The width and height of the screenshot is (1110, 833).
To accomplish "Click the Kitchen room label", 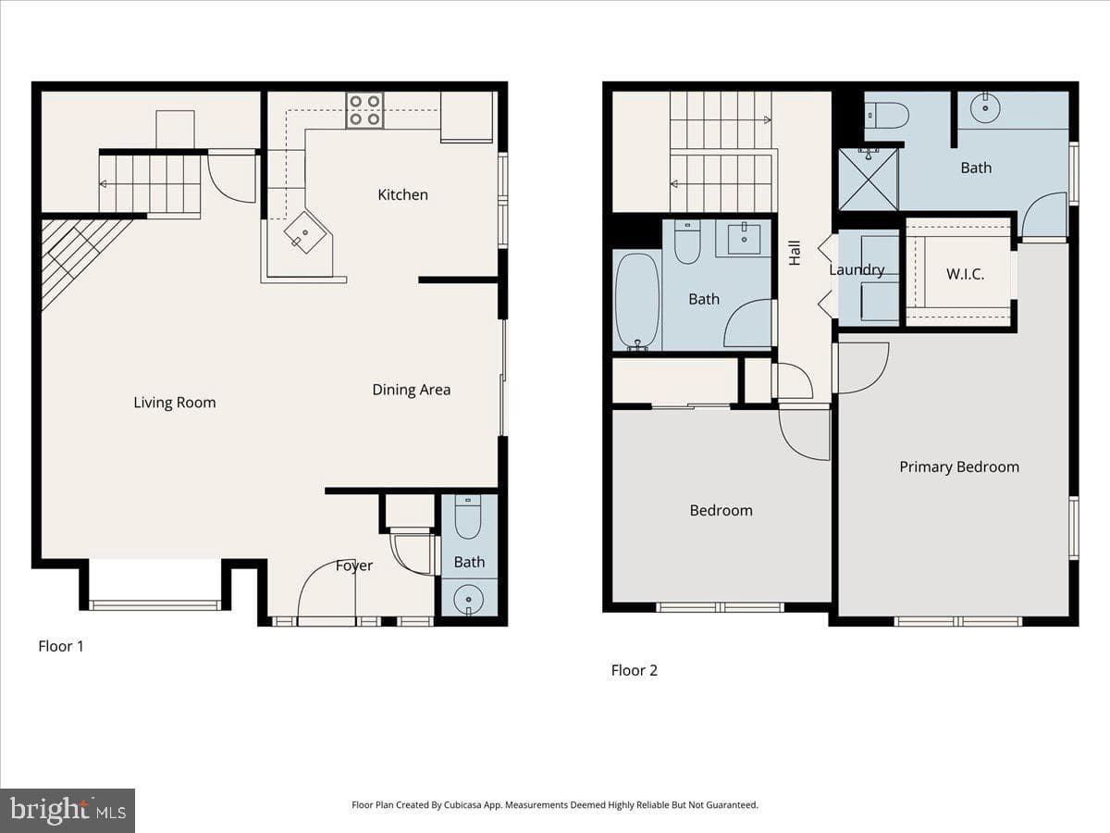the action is pyautogui.click(x=402, y=194).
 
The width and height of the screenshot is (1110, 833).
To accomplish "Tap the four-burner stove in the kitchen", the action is pyautogui.click(x=364, y=110).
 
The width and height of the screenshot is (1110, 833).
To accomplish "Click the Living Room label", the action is pyautogui.click(x=175, y=403).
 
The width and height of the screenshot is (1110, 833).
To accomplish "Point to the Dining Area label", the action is pyautogui.click(x=411, y=390).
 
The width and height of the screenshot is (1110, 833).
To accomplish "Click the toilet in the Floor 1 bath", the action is pyautogui.click(x=468, y=516).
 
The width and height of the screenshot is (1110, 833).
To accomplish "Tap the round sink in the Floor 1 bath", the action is pyautogui.click(x=469, y=600).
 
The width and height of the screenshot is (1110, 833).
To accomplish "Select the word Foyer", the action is pyautogui.click(x=354, y=566).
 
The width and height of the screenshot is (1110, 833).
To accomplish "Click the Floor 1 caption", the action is pyautogui.click(x=61, y=646).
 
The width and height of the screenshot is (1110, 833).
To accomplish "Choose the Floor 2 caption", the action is pyautogui.click(x=635, y=671).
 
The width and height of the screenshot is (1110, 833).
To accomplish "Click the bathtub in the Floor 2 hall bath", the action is pyautogui.click(x=637, y=302).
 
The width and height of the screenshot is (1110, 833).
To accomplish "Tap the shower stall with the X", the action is pyautogui.click(x=869, y=180).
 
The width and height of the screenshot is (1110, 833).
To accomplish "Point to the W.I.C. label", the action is pyautogui.click(x=965, y=275).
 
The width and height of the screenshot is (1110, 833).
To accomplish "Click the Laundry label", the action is pyautogui.click(x=857, y=270).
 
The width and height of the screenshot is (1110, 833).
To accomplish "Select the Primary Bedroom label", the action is pyautogui.click(x=959, y=466).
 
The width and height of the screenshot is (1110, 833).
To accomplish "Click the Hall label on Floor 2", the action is pyautogui.click(x=795, y=253).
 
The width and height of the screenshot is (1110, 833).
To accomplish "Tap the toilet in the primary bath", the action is pyautogui.click(x=886, y=116).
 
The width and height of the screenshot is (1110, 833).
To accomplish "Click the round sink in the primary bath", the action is pyautogui.click(x=985, y=107).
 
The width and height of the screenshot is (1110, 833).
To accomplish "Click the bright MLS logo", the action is pyautogui.click(x=68, y=811).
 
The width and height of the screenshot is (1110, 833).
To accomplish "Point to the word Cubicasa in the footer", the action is pyautogui.click(x=462, y=804).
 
